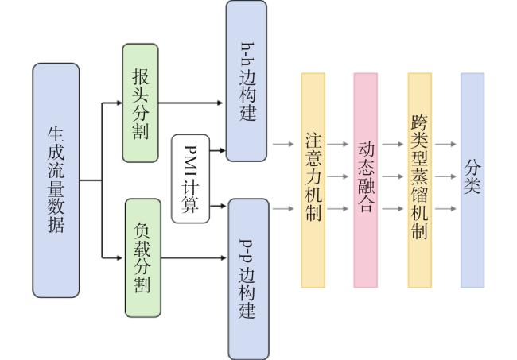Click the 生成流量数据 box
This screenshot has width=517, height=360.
(x=56, y=180)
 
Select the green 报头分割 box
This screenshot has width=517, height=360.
(x=141, y=103)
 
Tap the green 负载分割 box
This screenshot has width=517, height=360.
(x=142, y=258)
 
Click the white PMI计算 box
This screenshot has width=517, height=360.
(x=191, y=179)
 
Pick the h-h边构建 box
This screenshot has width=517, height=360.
(x=247, y=81)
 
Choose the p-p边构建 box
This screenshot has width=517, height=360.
(x=249, y=279)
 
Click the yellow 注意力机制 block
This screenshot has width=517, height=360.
(x=313, y=180)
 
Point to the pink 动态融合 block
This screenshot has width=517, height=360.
(x=366, y=180)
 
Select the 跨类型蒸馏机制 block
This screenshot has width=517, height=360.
(x=420, y=180)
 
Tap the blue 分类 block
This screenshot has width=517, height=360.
(x=472, y=180)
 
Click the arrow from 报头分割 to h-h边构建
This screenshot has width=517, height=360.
(x=191, y=103)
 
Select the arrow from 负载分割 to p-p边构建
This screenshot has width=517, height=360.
(x=193, y=258)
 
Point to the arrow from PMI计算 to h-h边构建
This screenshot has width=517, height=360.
(x=218, y=150)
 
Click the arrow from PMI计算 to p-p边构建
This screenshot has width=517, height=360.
(x=218, y=206)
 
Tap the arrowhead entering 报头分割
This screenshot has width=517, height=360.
(x=119, y=103)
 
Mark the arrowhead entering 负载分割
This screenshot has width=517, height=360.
(x=119, y=258)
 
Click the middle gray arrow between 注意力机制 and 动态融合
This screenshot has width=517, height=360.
(x=337, y=176)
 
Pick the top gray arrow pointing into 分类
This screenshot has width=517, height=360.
(x=445, y=145)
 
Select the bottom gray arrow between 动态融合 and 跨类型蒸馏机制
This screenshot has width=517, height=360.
(x=393, y=209)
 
